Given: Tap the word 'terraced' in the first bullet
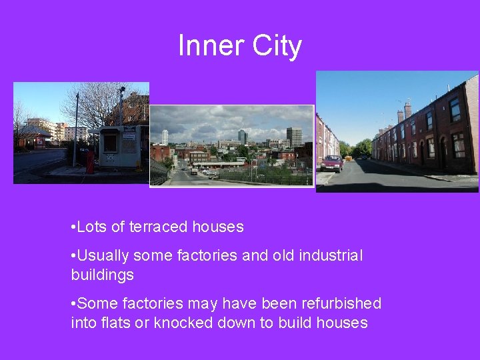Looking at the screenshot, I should [x=159, y=227].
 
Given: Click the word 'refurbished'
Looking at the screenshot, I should [x=340, y=303].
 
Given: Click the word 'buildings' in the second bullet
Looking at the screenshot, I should [x=102, y=274].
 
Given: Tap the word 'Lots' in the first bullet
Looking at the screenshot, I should [x=92, y=227].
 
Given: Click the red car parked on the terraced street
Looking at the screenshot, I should [x=331, y=163].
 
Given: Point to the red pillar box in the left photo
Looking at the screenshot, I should [x=90, y=162].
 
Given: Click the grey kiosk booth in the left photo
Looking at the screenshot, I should [x=120, y=145].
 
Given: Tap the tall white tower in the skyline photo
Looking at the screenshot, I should [x=165, y=137].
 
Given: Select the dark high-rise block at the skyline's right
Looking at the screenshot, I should [x=294, y=137].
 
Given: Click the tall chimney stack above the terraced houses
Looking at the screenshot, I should [x=407, y=109].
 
